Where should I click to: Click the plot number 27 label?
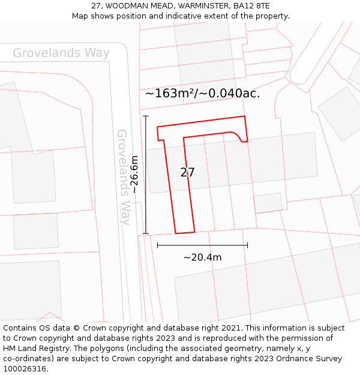pyautogui.click(x=187, y=172)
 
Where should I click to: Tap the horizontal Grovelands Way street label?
pyautogui.click(x=61, y=53)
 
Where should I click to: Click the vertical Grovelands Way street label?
pyautogui.click(x=123, y=177)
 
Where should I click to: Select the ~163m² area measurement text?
pyautogui.click(x=170, y=94)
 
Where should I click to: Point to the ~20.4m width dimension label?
pyautogui.click(x=202, y=257)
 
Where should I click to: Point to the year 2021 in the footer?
pyautogui.click(x=229, y=328)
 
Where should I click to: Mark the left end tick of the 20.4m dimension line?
pyautogui.click(x=157, y=245)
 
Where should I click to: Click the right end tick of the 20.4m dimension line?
pyautogui.click(x=247, y=245)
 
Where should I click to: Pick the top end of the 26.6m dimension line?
pyautogui.click(x=146, y=116)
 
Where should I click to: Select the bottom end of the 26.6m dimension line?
pyautogui.click(x=146, y=233)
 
